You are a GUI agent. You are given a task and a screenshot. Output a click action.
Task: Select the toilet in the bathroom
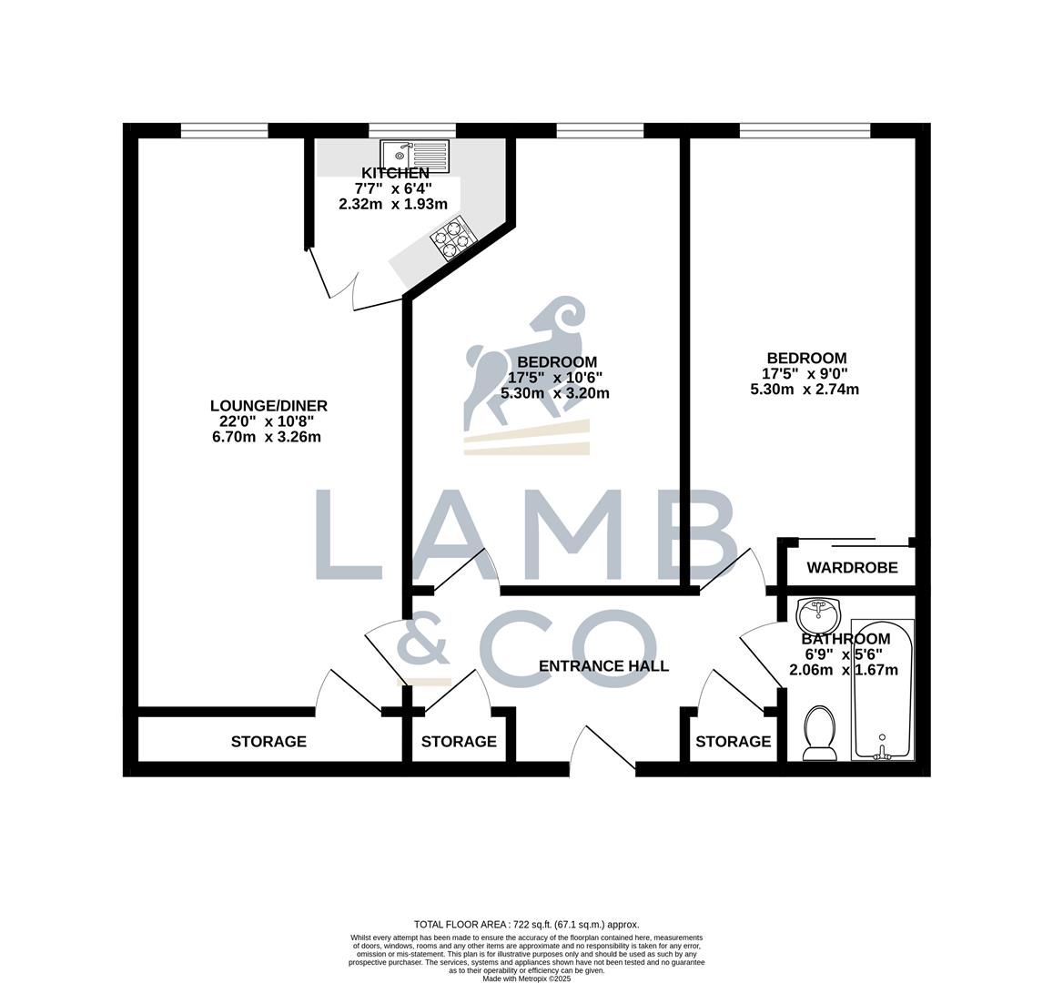point(821,734)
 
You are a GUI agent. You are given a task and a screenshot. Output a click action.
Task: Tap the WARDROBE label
point(852,568)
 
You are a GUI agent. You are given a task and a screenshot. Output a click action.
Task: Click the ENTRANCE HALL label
point(603,666)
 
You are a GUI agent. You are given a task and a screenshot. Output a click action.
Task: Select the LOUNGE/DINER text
point(268,406)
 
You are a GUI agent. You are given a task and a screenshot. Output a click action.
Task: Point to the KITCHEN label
point(395,174)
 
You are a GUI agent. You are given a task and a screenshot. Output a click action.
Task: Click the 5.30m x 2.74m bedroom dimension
point(805,390)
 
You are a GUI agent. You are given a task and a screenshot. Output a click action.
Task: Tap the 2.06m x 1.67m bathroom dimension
point(844,671)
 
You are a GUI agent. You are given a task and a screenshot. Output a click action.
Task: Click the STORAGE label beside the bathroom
point(733,742)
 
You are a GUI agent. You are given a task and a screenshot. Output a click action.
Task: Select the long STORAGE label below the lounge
point(268,742)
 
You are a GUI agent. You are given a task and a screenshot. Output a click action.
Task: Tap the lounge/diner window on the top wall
point(224,131)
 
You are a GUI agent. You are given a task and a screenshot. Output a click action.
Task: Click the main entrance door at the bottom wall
point(602,752)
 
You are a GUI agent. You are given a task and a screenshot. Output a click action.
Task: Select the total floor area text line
point(527,923)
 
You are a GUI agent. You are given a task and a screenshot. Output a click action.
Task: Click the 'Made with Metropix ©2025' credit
point(527,978)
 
